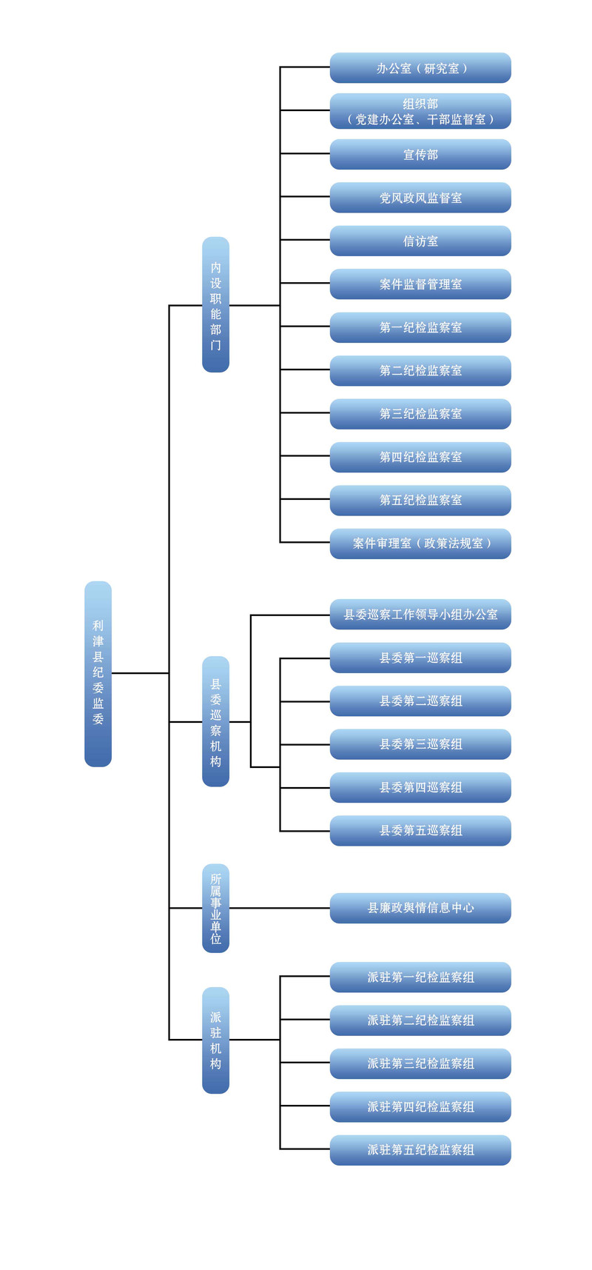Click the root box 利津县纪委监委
click(x=98, y=673)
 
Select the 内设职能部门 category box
click(x=215, y=304)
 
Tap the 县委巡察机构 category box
click(x=215, y=721)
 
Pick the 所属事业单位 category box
click(x=215, y=908)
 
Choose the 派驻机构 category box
click(x=215, y=1040)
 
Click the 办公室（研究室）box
click(x=420, y=68)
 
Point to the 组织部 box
click(x=420, y=111)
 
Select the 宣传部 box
click(x=420, y=154)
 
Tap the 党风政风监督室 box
click(x=420, y=198)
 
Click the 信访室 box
click(x=420, y=241)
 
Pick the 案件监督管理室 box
click(x=420, y=284)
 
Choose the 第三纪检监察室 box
click(x=420, y=414)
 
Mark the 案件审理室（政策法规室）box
click(x=420, y=544)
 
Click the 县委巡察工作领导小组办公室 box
click(x=420, y=615)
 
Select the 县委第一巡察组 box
click(x=420, y=658)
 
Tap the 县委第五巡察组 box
click(x=420, y=831)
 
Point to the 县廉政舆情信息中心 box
click(x=420, y=908)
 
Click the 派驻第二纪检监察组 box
click(x=420, y=1020)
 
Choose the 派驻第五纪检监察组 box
click(x=420, y=1150)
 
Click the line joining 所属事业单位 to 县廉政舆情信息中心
click(x=280, y=908)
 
